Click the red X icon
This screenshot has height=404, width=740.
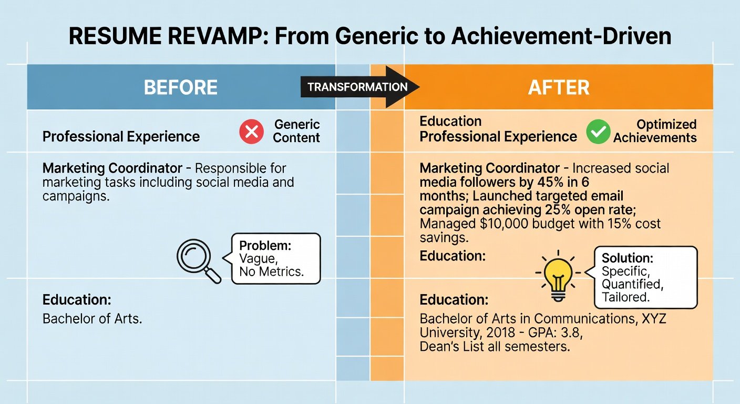coord(251,132)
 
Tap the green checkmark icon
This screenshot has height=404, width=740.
coord(598,132)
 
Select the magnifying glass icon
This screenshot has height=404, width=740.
coord(199,261)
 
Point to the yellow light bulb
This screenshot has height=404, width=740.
coord(558,276)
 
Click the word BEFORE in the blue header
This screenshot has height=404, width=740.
coord(181,87)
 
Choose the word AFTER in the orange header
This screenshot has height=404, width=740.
coord(559,87)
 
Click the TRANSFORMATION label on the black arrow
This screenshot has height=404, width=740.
coord(357,87)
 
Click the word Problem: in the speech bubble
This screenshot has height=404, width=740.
coord(265,246)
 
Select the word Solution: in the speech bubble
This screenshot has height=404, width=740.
coord(628,258)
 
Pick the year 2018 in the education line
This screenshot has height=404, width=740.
coord(501,332)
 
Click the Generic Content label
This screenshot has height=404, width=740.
coord(296,131)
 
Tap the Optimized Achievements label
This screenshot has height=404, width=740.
coord(655,131)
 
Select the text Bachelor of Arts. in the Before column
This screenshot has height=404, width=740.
coord(92,319)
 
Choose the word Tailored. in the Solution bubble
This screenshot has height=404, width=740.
coord(626,297)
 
